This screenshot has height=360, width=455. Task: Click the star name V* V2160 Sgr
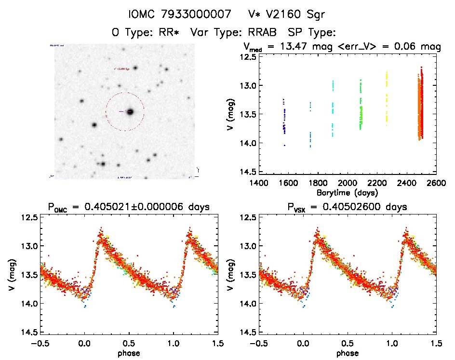288,14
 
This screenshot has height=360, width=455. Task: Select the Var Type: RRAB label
235,32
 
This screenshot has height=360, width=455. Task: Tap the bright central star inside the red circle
130,112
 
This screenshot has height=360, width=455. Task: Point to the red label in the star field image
122,69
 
